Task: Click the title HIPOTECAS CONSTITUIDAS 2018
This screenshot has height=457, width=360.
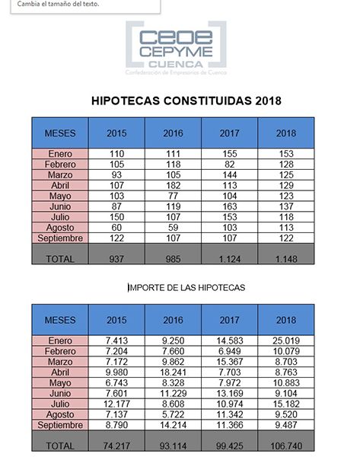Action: point(186,101)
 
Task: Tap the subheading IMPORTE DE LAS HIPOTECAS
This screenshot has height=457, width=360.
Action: point(186,287)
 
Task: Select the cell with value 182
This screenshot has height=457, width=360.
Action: point(174,185)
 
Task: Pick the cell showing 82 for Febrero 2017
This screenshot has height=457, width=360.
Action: point(230,164)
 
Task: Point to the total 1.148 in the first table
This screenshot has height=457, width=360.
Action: point(286,259)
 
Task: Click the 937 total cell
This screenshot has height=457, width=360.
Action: point(116,259)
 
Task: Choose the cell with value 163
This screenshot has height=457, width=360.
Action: point(230,206)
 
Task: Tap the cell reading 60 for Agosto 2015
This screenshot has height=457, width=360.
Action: point(116,228)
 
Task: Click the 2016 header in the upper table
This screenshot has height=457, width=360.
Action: point(174,133)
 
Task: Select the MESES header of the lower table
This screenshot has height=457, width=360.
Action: point(60,320)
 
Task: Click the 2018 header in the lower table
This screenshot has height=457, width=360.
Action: point(286,320)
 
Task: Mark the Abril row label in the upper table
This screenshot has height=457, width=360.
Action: point(60,185)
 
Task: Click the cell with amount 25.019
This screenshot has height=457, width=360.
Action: point(286,341)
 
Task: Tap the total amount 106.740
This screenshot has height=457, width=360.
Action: point(286,446)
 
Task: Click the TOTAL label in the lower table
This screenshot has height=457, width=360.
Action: point(60,446)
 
